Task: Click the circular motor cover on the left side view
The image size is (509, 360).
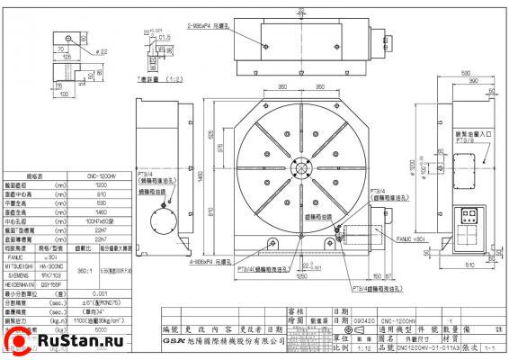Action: pos(163,219)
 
